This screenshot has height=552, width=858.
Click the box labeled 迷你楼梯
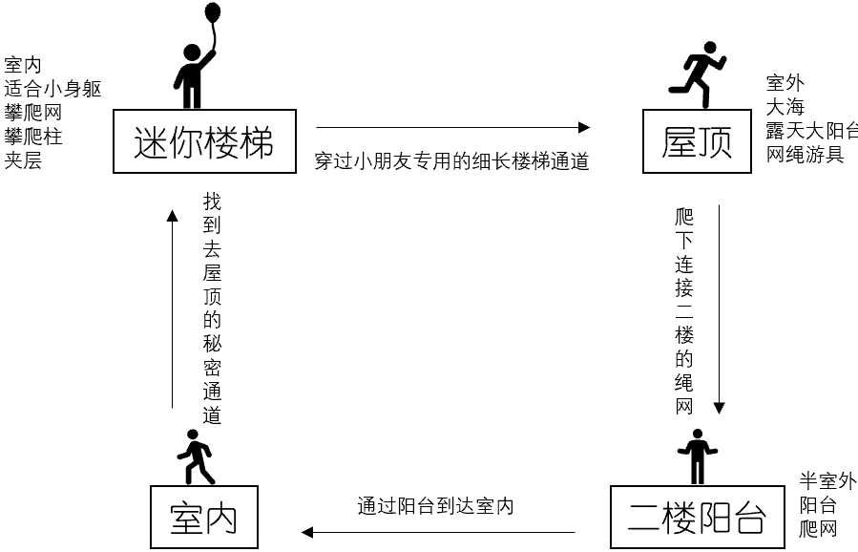click(204, 141)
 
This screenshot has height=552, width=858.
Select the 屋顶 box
click(697, 142)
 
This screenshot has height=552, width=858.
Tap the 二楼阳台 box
click(697, 519)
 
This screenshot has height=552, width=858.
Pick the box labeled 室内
click(203, 518)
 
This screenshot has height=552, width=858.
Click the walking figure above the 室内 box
click(196, 456)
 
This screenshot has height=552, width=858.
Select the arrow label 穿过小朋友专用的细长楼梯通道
click(451, 160)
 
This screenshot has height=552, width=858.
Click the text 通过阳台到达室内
click(435, 506)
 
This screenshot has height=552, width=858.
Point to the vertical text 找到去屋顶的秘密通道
click(212, 309)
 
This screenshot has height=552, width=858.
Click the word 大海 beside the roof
click(785, 107)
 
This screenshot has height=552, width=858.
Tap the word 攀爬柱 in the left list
click(33, 137)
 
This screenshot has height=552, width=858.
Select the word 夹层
click(23, 160)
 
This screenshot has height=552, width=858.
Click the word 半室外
click(827, 481)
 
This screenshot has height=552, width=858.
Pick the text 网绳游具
click(805, 154)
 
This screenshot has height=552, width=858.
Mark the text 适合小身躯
click(52, 89)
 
